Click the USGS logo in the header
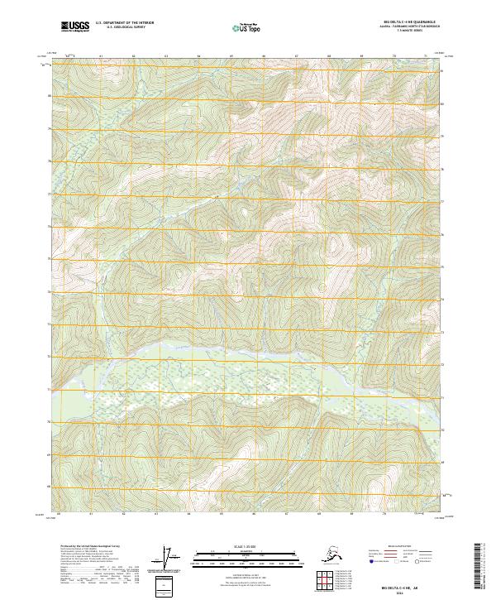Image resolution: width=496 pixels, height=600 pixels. tap(74, 26)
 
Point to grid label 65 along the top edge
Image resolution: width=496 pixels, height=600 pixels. tap(231, 56)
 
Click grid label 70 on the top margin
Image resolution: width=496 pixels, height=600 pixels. tap(393, 56)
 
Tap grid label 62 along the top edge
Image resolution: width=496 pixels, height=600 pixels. tap(133, 56)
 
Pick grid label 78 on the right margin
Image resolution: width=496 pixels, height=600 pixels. tap(441, 169)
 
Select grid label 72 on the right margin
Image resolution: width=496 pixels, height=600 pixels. tap(441, 365)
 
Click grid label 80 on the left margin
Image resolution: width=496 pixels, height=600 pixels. tap(50, 96)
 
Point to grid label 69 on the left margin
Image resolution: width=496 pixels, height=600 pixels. tap(50, 454)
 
